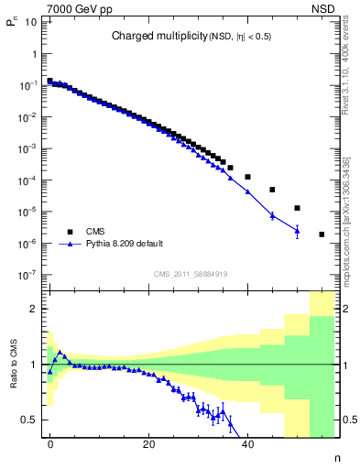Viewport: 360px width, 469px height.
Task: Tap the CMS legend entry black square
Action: (67, 232)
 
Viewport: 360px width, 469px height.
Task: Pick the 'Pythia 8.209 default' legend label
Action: (125, 245)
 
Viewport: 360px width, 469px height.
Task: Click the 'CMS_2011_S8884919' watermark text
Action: (191, 273)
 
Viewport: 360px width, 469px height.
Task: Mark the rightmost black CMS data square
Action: (322, 234)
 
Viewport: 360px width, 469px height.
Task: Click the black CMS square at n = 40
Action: (247, 176)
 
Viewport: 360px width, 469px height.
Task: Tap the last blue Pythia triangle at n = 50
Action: (297, 231)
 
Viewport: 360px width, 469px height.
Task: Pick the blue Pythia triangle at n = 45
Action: (272, 215)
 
